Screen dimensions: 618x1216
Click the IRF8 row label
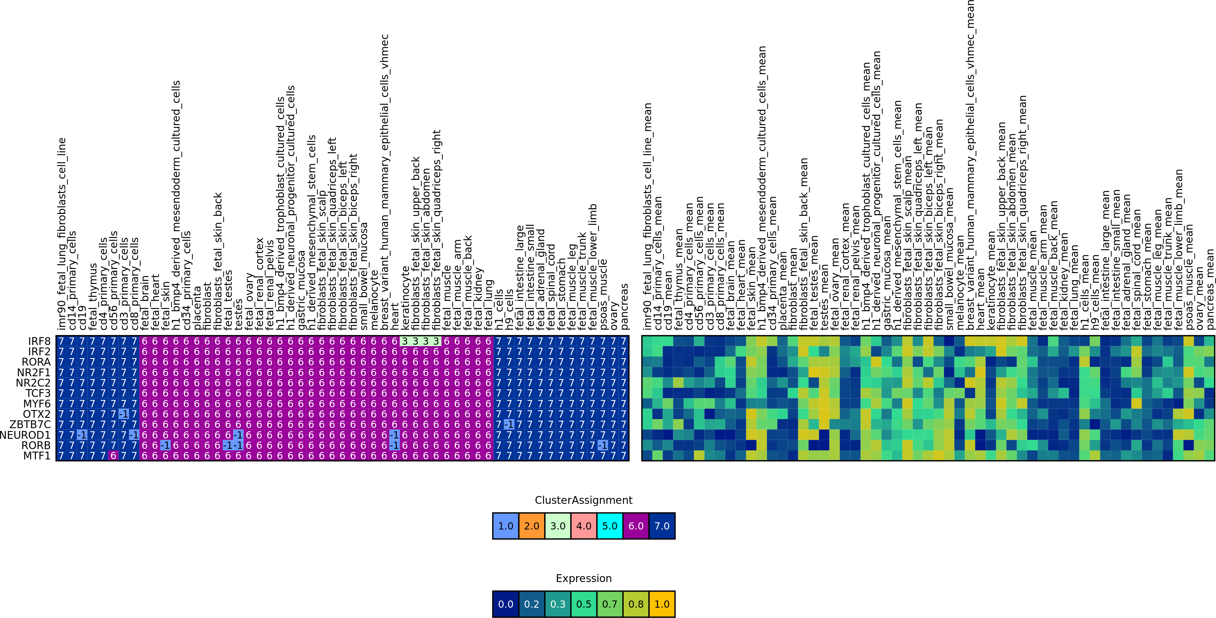point(39,341)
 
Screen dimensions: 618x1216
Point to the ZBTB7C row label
point(30,424)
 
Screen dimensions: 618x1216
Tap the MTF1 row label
point(37,455)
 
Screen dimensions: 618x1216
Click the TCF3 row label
point(38,393)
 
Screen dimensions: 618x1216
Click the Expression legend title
point(583,578)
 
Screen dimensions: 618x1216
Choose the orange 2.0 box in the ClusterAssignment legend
point(531,526)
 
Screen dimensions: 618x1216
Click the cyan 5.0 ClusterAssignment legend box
point(610,526)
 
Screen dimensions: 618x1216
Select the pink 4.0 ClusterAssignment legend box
point(583,526)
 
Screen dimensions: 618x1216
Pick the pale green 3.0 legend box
point(557,526)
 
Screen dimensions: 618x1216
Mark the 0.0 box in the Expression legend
point(506,604)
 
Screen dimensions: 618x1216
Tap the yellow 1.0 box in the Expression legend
point(662,604)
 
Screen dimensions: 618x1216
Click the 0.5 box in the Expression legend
point(583,604)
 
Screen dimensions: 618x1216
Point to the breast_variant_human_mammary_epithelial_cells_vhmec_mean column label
point(970,165)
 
